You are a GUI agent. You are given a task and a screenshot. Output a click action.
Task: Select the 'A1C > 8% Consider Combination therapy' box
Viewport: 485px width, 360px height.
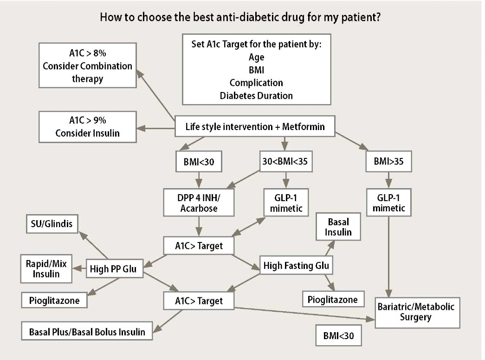(x=87, y=65)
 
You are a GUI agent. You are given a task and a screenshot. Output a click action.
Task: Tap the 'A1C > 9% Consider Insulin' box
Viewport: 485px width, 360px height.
(x=87, y=126)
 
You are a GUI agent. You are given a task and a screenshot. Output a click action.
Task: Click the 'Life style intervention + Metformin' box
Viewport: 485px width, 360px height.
(x=255, y=126)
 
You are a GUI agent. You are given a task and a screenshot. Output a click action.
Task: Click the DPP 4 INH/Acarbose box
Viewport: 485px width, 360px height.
(x=199, y=202)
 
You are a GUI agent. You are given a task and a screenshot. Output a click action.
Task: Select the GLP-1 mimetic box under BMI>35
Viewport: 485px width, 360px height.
(x=389, y=202)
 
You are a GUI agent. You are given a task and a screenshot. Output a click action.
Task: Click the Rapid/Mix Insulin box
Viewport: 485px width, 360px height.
(x=46, y=268)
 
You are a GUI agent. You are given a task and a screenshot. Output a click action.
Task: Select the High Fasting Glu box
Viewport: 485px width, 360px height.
(x=296, y=266)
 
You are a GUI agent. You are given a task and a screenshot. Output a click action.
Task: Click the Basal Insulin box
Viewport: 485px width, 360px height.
(x=338, y=227)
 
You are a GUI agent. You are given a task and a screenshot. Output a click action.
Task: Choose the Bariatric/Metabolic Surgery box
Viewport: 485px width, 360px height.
(x=417, y=312)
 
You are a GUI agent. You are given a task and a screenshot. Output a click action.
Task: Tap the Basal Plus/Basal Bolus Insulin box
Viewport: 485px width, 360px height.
(x=87, y=332)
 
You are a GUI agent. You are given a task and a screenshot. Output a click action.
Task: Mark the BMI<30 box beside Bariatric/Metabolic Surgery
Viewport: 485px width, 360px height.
(x=338, y=336)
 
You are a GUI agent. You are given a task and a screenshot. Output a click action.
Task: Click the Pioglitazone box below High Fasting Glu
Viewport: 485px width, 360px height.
(x=332, y=300)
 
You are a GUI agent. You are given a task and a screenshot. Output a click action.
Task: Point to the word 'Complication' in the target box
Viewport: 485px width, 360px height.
(x=256, y=83)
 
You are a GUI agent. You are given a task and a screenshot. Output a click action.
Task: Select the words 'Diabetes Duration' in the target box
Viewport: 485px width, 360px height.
(x=256, y=96)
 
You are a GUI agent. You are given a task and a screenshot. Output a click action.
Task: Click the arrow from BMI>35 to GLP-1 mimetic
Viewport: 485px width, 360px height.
(x=389, y=179)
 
